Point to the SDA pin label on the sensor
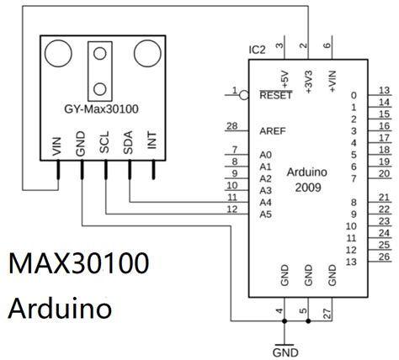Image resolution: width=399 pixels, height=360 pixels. tap(129, 144)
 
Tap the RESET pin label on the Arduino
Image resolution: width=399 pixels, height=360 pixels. tap(276, 95)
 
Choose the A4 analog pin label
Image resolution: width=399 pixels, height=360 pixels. tap(267, 202)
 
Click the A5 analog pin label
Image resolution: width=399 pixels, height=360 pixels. tap(267, 214)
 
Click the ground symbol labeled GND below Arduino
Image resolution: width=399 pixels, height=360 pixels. tap(286, 348)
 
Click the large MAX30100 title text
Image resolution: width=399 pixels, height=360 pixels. tap(79, 263)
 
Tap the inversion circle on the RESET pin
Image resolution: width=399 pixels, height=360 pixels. tap(243, 95)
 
